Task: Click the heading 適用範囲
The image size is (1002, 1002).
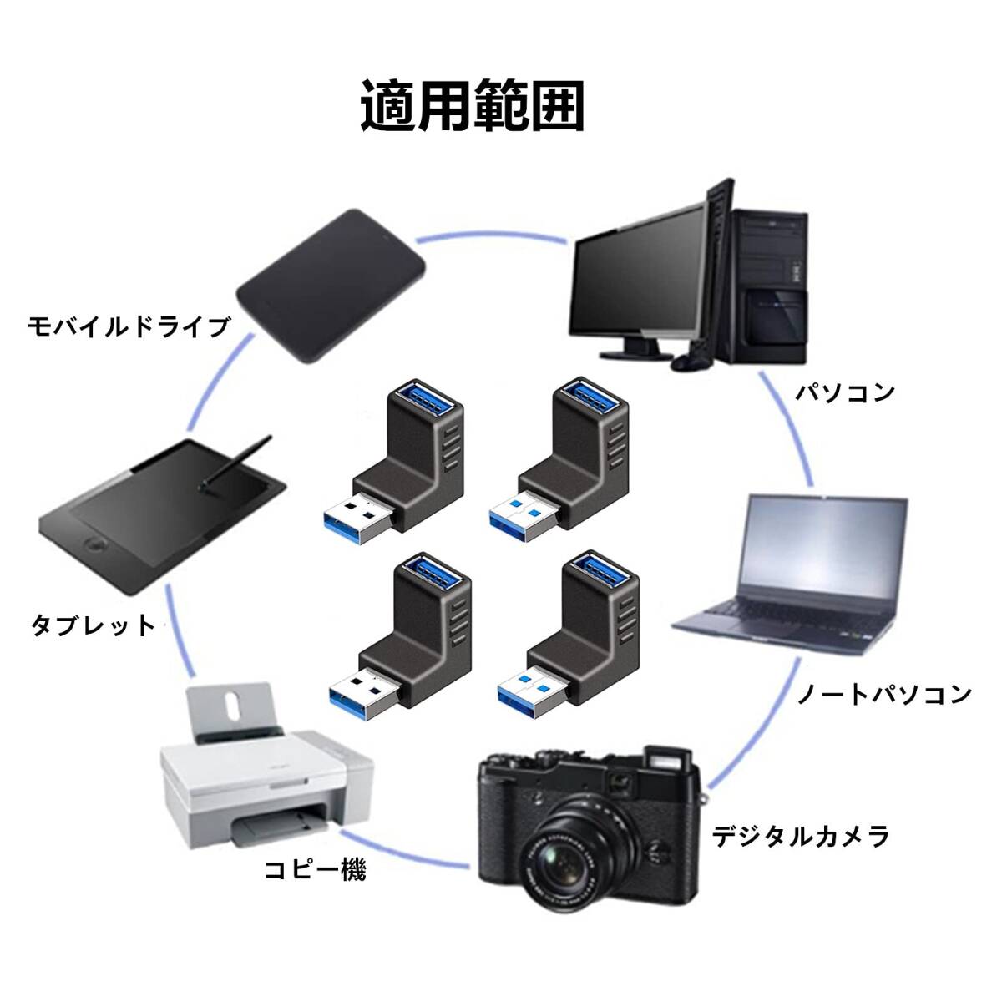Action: click(x=472, y=105)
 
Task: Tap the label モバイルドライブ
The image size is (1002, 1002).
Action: click(x=129, y=326)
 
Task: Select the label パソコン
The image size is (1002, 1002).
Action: click(x=845, y=392)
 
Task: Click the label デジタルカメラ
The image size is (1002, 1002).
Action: click(x=800, y=837)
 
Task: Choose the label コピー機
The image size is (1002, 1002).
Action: click(x=315, y=880)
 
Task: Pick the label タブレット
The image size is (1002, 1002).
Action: click(x=94, y=625)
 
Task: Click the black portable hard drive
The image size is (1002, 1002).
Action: click(x=331, y=286)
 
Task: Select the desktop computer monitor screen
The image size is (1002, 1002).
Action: click(x=639, y=271)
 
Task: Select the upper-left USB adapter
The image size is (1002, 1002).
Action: click(x=393, y=461)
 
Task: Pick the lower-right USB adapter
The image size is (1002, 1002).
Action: click(x=569, y=635)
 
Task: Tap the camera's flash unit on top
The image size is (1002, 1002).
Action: click(x=669, y=762)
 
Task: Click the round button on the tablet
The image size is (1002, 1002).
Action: click(x=97, y=545)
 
